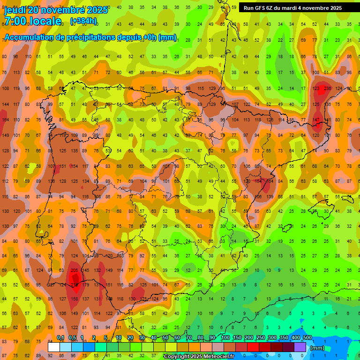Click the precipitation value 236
click(327, 88)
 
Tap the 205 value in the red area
click(74, 270)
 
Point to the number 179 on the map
click(86, 285)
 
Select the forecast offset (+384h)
click(83, 21)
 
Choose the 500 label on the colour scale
click(307, 338)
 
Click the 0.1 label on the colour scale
click(60, 338)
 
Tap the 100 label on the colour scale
click(226, 338)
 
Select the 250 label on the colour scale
click(261, 338)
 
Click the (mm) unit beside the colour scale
click(317, 348)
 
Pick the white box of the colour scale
click(54, 347)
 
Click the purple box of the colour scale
click(300, 347)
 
